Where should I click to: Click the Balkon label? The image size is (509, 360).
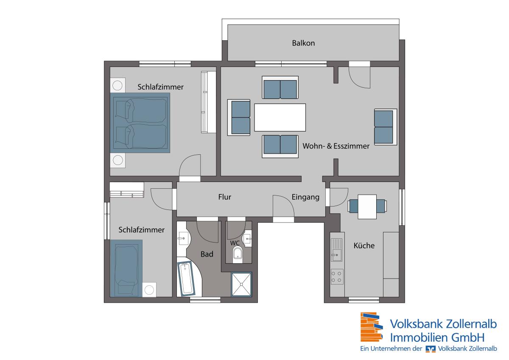303,43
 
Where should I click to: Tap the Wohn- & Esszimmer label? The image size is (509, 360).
336,146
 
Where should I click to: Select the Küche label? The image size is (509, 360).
364,245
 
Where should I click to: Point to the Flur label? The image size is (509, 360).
224,197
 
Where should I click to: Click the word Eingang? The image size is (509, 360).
305,197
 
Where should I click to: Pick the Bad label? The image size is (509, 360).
207,254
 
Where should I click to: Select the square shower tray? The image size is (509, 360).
241,285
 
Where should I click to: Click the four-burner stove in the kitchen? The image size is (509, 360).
337,276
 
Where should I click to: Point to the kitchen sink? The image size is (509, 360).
336,250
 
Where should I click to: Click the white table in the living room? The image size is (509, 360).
280,117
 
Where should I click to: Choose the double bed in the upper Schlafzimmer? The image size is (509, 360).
140,123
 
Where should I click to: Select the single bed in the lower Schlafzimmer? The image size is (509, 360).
126,268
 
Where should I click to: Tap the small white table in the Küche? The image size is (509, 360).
367,207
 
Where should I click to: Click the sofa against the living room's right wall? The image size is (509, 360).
386,127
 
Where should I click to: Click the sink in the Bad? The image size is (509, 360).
183,238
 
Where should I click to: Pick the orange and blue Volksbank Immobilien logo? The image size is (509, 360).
372,327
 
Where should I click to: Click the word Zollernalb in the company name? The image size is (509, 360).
470,324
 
